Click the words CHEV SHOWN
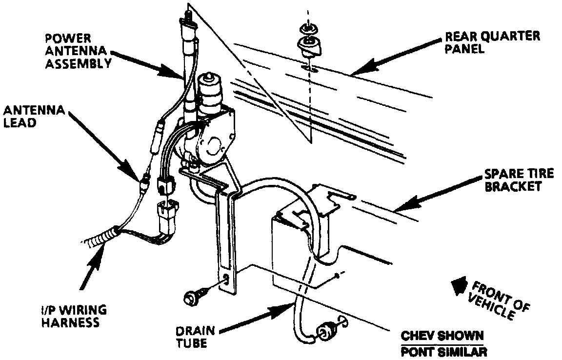tap(442, 337)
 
